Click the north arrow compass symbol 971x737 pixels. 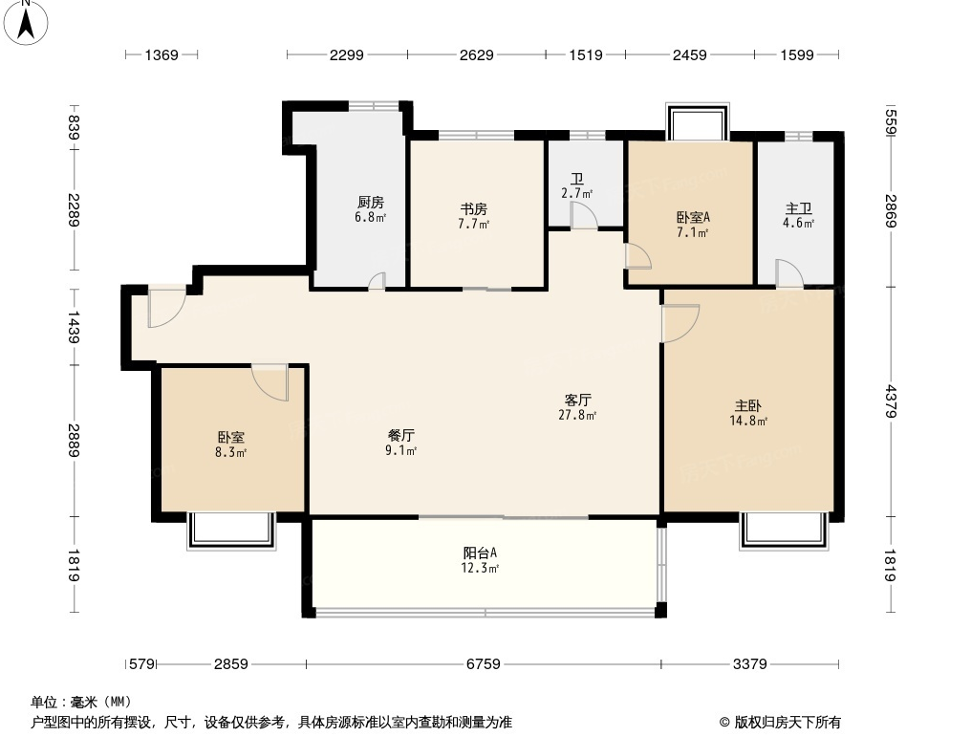pos(26,22)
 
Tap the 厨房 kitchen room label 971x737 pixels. pos(370,202)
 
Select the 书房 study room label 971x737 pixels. pos(474,208)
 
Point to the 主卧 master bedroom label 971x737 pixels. pos(748,405)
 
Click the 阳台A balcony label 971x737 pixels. pos(480,553)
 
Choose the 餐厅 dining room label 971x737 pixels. pos(401,435)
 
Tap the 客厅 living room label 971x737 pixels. pos(577,401)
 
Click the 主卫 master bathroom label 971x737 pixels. pos(798,208)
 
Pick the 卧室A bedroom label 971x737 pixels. pos(692,217)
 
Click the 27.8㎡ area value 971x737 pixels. pos(577,415)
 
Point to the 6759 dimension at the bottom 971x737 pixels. pos(483,664)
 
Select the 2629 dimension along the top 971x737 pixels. pos(476,55)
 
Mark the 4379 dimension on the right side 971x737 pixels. pos(891,401)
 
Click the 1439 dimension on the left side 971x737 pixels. pos(74,327)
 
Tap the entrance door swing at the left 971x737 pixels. pos(166,308)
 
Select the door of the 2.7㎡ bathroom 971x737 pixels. pos(584,216)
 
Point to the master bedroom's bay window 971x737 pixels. pos(784,531)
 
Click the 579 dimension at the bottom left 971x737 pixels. pos(141,664)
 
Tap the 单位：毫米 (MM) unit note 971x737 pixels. pos(81,703)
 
